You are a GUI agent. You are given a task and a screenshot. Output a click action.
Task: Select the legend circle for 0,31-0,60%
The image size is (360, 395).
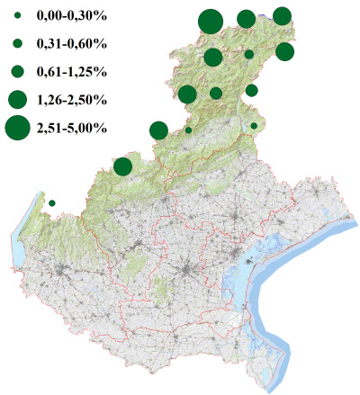18,43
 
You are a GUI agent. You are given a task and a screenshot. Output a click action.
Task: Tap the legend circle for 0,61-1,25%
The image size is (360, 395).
18,70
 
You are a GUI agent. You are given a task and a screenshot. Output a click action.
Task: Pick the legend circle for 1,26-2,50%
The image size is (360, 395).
18,98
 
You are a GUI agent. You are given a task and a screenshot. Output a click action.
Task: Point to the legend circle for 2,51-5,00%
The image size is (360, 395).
18,129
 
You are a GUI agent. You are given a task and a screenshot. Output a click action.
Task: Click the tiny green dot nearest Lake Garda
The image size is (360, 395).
52,202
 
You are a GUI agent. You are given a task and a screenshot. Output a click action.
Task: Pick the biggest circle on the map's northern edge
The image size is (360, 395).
211,21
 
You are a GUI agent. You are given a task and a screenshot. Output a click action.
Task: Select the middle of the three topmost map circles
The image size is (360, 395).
246,19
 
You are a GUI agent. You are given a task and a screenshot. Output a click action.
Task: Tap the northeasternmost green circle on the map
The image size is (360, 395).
282,15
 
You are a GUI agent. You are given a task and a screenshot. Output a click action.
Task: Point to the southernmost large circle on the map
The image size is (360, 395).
123,166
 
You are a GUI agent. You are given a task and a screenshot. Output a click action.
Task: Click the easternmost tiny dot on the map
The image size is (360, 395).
254,126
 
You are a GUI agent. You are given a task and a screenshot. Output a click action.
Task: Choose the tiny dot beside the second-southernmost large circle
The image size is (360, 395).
188,130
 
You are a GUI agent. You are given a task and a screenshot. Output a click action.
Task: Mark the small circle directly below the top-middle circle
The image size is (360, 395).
248,54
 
